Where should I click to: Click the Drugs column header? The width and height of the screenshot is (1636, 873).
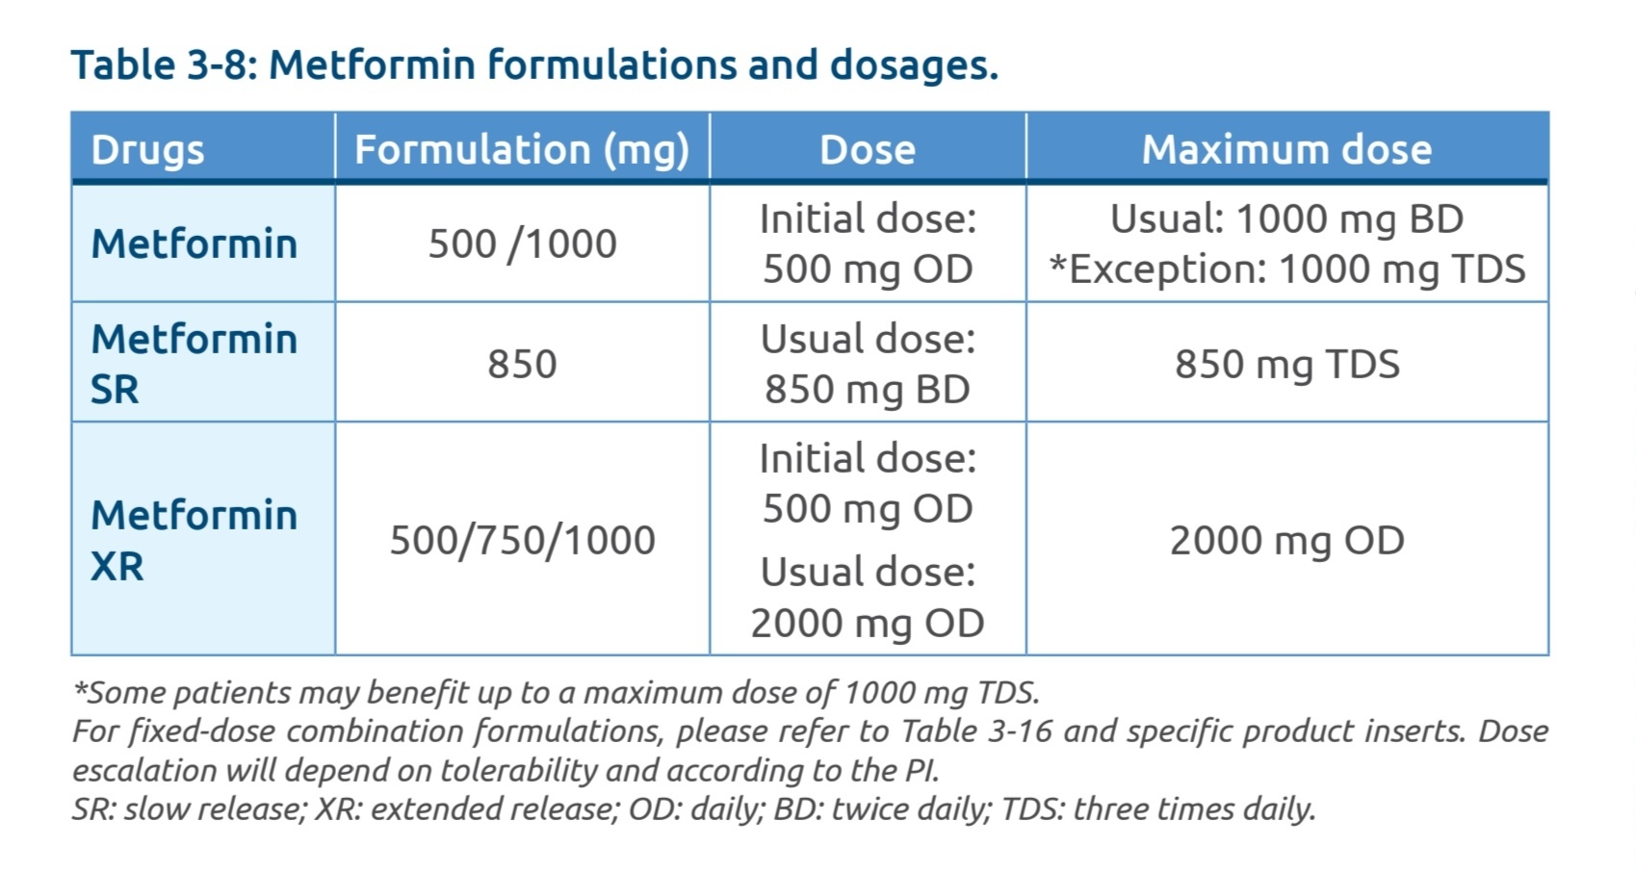pos(147,149)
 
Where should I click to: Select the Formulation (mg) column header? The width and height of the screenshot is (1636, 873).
pos(521,149)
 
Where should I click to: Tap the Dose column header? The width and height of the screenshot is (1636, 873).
pos(867,149)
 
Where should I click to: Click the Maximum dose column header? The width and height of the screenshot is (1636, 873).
pos(1286,149)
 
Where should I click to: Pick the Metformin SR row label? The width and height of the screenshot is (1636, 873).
pos(193,364)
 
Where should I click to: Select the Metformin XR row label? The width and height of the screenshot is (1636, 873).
pos(193,540)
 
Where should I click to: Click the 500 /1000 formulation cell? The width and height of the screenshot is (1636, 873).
pos(522,244)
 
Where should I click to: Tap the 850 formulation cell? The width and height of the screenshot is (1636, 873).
pos(522,364)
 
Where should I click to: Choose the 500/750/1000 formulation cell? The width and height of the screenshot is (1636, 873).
pos(522,540)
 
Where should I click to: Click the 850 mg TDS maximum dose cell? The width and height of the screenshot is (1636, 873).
pos(1286,364)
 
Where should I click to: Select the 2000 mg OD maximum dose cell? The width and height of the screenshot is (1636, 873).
pos(1286,540)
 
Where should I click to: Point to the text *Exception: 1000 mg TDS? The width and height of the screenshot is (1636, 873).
pos(1286,269)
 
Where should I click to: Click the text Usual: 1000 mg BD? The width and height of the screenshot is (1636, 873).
pos(1286,218)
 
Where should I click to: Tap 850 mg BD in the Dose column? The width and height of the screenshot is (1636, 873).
pos(867,389)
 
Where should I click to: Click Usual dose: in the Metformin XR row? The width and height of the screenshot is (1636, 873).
pos(867,572)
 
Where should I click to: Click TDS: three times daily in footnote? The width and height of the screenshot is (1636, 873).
pos(1157,809)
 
